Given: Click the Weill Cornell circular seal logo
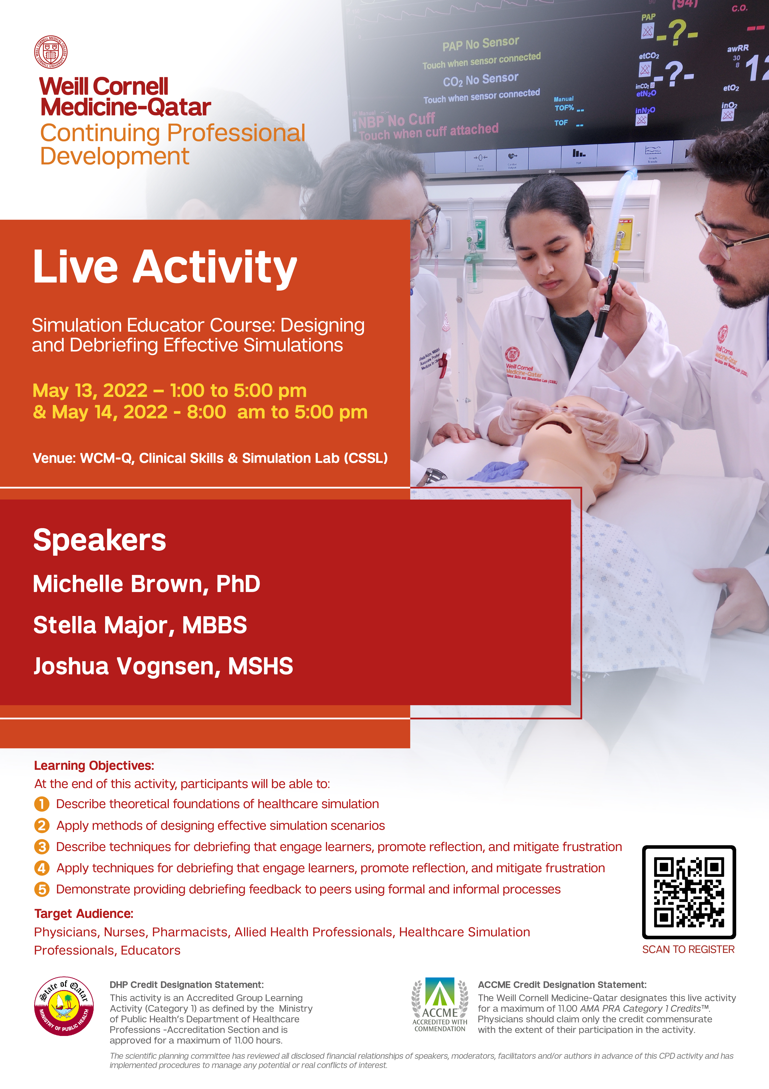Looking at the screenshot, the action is coord(51,52).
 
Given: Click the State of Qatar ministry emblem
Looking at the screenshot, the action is coord(64,1006).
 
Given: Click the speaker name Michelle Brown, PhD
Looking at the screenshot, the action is coord(147,584).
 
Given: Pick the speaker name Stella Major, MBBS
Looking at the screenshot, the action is coord(140,625).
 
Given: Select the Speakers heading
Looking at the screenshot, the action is coord(100,540).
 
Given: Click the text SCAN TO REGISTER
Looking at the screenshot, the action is coord(688,949).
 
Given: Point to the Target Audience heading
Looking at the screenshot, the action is coord(83,913).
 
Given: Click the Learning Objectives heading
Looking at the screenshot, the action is coord(94,765).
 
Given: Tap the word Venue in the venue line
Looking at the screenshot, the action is coord(54,458).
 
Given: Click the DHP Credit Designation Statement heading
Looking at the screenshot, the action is coord(186,985).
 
